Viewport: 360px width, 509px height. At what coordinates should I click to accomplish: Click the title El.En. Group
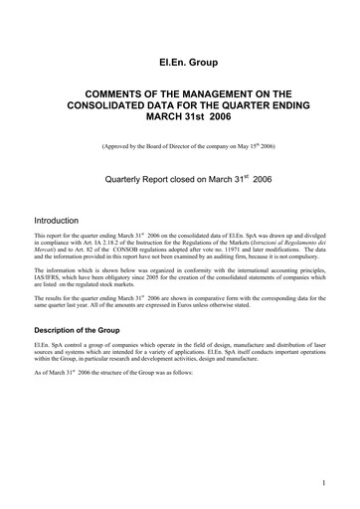180,62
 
